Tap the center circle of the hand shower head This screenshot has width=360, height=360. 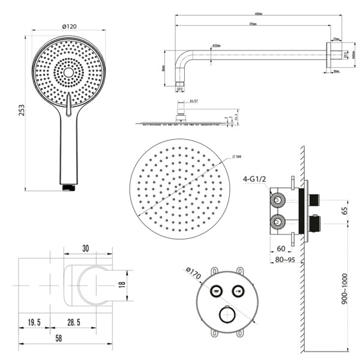coord(68,73)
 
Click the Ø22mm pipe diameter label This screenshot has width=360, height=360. coord(217,46)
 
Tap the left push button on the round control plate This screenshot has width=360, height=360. coord(215,291)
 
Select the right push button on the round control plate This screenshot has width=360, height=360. coord(237,291)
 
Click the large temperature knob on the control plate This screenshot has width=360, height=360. coord(226,316)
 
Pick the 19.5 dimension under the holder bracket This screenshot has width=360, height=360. coord(34,323)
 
